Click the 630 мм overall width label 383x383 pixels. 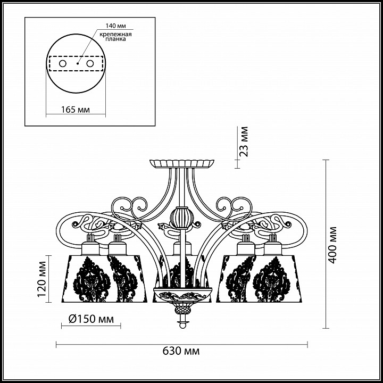pos(181,351)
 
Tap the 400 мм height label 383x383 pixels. pos(332,245)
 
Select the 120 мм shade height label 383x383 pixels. pos(42,279)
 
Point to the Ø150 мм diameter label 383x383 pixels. pos(91,319)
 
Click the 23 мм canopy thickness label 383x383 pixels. pos(244,141)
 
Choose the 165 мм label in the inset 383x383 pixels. pos(76,110)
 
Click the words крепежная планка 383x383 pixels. pos(115,36)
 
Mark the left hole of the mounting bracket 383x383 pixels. pos(63,64)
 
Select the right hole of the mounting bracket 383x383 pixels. pos(90,64)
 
